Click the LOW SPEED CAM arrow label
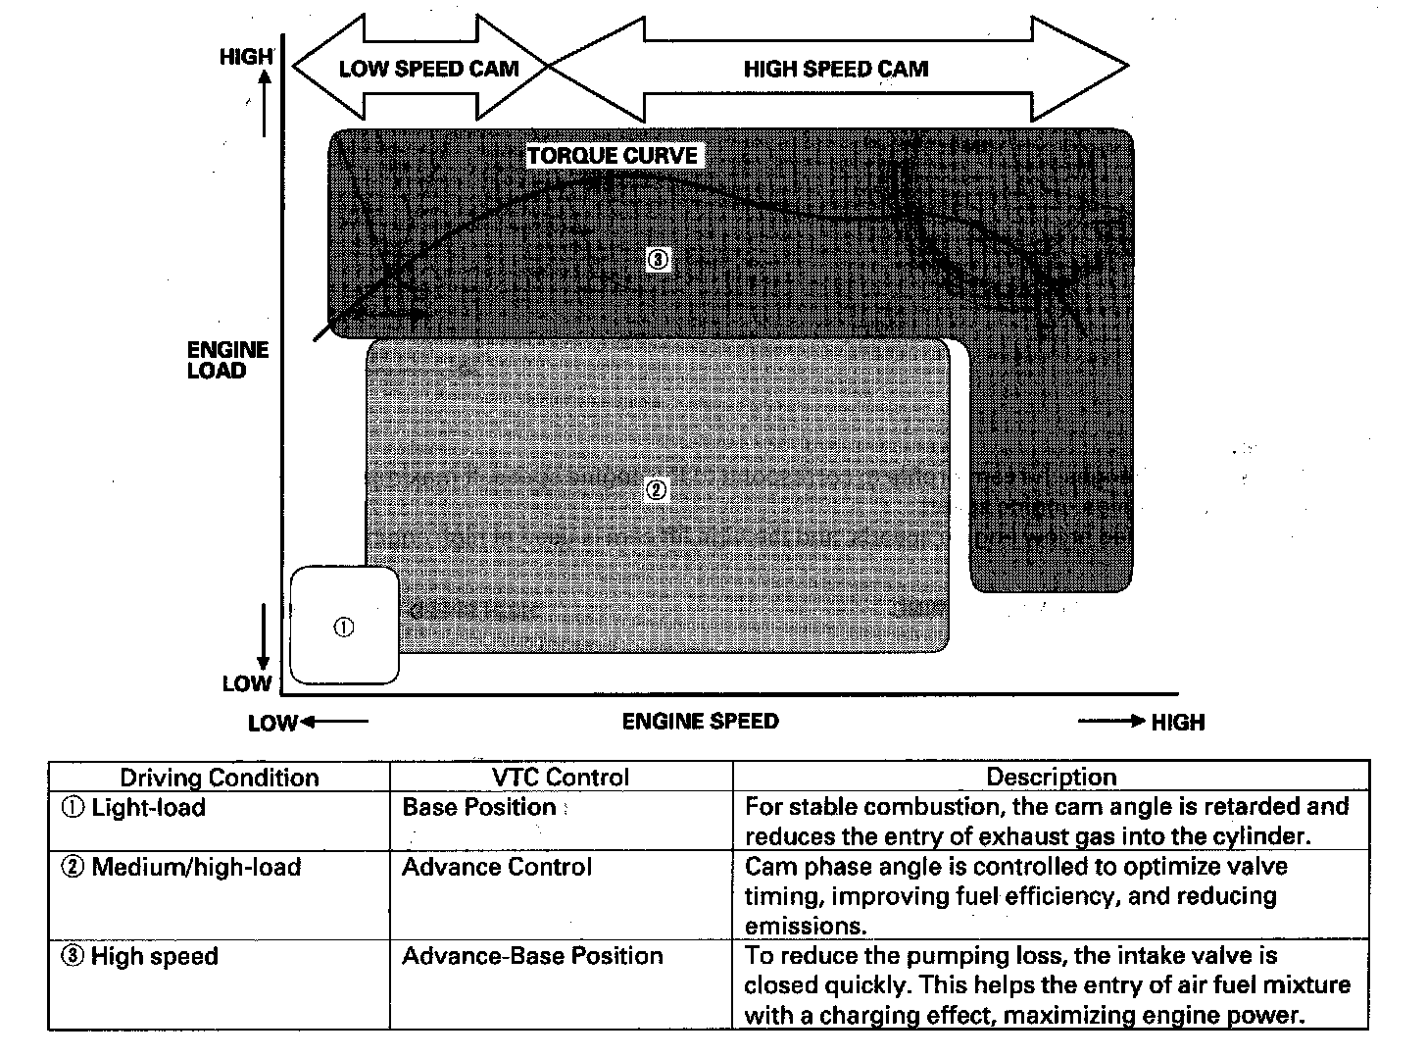427,69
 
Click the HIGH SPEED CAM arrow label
835,69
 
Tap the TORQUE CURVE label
613,155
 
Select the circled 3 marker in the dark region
658,260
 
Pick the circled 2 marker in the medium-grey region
658,490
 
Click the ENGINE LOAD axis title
227,360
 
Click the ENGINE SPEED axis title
700,722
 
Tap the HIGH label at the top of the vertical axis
245,57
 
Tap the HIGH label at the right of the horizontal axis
1177,723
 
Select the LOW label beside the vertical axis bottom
247,683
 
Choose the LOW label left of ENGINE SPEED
271,724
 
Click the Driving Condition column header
220,778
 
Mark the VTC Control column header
561,778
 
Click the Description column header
1051,778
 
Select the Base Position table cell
479,807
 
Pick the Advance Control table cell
497,867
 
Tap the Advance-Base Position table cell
532,956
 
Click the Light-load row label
136,808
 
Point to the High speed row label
143,957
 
